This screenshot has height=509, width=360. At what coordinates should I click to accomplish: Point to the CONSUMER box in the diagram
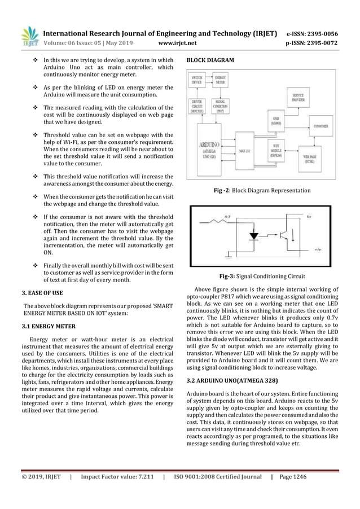tap(321, 126)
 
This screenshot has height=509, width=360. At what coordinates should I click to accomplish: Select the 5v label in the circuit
tap(309, 215)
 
